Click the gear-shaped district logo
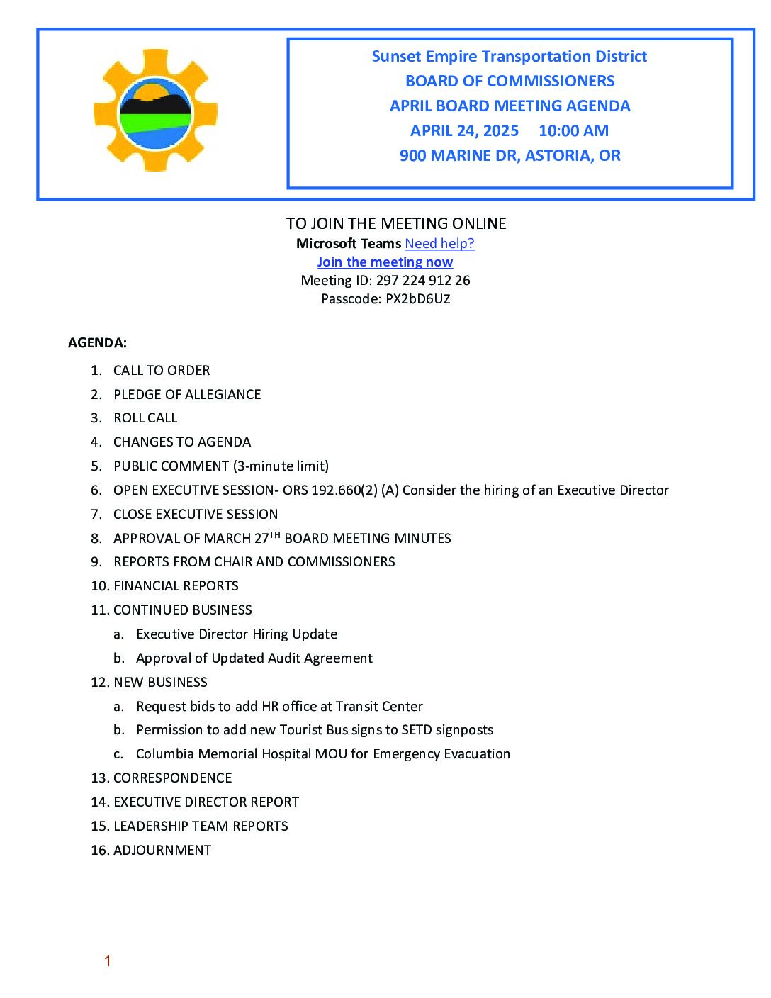(x=155, y=111)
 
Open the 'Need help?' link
(x=439, y=244)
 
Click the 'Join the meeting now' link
(x=385, y=262)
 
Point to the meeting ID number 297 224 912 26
(x=423, y=281)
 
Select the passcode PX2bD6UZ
(x=417, y=299)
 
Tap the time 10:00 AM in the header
(x=573, y=131)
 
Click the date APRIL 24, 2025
(x=464, y=131)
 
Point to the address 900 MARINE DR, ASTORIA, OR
(x=510, y=156)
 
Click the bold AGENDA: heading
(x=97, y=343)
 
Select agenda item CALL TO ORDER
(x=162, y=371)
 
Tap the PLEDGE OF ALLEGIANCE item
(x=187, y=395)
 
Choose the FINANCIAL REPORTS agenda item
(x=176, y=586)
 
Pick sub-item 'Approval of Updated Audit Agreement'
(x=254, y=658)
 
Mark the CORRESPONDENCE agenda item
(x=172, y=778)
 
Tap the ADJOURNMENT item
(x=162, y=851)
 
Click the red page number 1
(x=108, y=961)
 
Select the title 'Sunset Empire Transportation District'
(x=509, y=57)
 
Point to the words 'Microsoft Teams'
(x=349, y=244)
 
